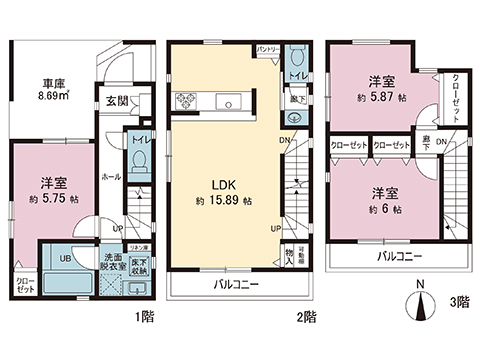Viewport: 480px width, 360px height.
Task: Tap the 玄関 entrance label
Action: (x=115, y=100)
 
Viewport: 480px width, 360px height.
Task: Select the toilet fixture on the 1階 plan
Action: (x=140, y=159)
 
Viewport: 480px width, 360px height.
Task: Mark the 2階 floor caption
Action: (x=306, y=317)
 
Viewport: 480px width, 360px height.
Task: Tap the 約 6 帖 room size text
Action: (x=383, y=210)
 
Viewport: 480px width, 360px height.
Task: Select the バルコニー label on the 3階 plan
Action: (x=393, y=257)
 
